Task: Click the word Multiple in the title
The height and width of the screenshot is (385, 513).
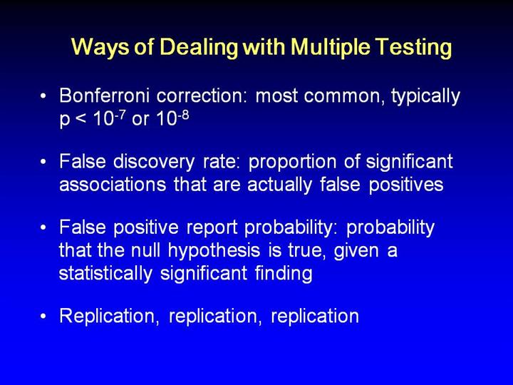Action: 331,47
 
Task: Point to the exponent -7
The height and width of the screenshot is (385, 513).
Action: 120,114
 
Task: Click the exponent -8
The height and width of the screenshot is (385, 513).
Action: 183,114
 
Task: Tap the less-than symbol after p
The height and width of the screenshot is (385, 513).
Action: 81,120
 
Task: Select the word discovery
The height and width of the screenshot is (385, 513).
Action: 154,163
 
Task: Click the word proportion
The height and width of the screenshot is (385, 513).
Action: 292,163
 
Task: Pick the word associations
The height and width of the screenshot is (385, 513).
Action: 113,185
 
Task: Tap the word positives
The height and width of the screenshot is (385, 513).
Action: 406,185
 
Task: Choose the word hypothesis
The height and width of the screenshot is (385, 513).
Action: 214,251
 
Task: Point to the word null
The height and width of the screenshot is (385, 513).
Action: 145,250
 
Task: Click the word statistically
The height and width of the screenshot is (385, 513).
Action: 105,274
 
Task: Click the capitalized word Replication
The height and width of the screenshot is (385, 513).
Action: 109,317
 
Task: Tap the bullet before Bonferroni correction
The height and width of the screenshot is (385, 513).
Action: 43,96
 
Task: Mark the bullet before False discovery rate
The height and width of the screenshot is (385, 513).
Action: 43,162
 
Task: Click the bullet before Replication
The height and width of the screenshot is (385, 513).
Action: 43,317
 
